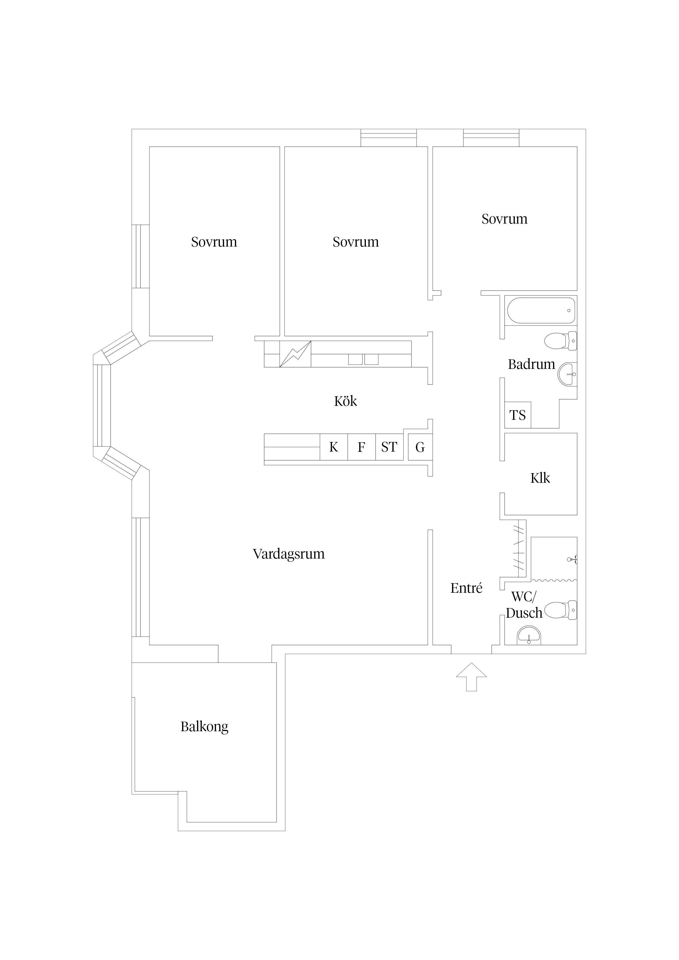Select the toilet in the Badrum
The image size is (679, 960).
(561, 341)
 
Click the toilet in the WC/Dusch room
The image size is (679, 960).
(561, 610)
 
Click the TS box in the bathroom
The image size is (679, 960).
(518, 415)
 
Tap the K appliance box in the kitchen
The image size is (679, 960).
(334, 447)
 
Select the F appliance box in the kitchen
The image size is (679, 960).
(361, 447)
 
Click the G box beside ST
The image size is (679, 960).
(420, 447)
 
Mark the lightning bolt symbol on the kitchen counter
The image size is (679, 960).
(295, 354)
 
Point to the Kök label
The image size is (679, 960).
(346, 401)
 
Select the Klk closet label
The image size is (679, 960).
(540, 478)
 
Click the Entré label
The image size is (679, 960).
(467, 588)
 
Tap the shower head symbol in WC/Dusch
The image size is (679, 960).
(572, 559)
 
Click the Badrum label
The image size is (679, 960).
(531, 364)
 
